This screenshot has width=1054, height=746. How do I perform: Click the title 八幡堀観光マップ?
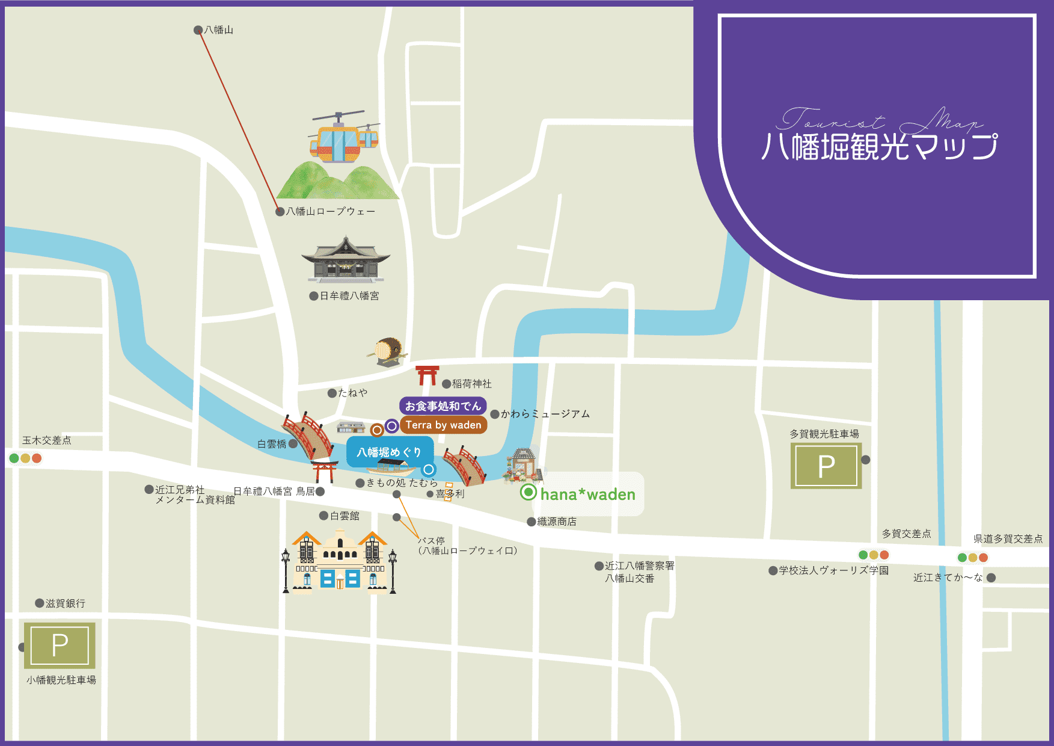879,147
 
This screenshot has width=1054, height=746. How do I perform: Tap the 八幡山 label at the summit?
218,30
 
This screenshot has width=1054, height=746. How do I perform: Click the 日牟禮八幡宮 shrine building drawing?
346,260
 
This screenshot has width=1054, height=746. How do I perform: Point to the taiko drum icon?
388,350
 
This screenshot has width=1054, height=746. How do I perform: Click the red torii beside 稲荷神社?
427,375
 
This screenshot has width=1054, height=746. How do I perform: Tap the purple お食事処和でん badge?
443,406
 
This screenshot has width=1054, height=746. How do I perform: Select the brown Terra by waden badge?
443,425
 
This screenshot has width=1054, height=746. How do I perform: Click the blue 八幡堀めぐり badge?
389,452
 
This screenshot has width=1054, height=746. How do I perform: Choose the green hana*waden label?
587,495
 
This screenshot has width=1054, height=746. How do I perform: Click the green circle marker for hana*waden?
528,492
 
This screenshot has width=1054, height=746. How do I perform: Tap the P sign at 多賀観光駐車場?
826,466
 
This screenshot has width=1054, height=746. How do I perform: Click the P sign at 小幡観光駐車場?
60,646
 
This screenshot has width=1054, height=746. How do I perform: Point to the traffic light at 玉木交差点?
25,458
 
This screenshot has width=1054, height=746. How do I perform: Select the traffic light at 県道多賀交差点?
972,558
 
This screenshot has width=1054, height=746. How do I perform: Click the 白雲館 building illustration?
340,563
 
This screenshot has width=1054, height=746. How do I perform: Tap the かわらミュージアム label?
545,414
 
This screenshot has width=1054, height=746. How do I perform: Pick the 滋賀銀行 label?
65,603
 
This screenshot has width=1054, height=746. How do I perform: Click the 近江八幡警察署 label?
639,566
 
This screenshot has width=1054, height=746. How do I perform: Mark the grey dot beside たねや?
332,393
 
